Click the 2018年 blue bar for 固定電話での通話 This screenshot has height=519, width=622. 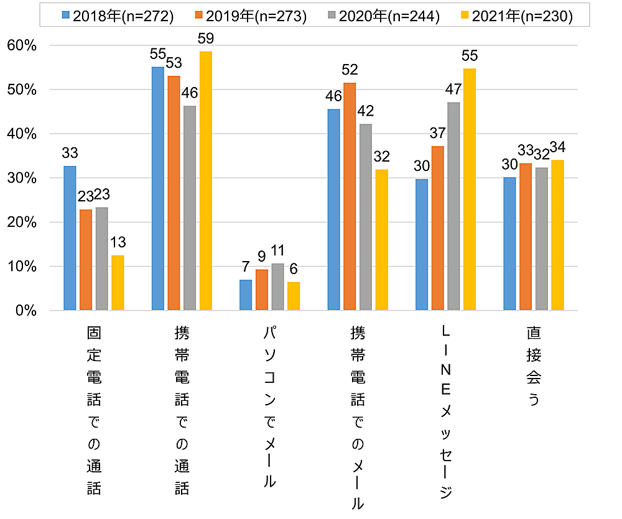[x=70, y=238]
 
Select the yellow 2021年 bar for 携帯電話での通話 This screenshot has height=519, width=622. [x=205, y=181]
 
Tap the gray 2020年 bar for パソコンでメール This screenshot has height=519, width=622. [x=277, y=287]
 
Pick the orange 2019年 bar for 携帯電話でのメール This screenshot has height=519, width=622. [x=350, y=196]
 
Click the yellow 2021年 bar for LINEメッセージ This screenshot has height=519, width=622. [x=469, y=190]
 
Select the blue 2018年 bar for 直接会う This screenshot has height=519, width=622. [x=509, y=244]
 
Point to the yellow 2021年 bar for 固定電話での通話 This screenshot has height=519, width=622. [x=118, y=283]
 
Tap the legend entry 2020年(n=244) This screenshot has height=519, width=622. [x=384, y=16]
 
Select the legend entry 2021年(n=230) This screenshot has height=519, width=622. [x=516, y=16]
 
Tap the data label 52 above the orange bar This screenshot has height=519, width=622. [x=350, y=70]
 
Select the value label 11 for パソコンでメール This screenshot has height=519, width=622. [x=278, y=250]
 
